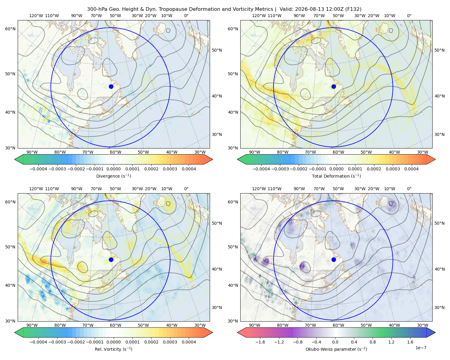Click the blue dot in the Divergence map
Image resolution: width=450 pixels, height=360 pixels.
(111, 86)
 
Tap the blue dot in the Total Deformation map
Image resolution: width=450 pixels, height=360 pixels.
(334, 86)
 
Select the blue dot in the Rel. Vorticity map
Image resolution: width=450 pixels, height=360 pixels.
(111, 259)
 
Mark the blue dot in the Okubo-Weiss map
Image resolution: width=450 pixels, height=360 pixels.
(334, 259)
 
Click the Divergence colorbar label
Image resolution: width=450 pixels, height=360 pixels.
(113, 176)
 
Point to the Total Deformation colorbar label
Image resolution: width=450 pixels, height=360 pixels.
(336, 176)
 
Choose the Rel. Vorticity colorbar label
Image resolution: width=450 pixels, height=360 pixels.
(113, 349)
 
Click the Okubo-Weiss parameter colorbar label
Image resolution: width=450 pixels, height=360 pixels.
(336, 349)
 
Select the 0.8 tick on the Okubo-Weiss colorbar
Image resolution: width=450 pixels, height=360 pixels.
(373, 342)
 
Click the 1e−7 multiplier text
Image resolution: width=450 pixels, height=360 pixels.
(421, 348)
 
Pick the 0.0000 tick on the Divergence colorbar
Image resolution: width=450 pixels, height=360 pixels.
(113, 169)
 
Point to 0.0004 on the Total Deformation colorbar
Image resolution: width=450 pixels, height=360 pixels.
(411, 169)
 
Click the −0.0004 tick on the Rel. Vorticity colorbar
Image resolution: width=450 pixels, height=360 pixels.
(38, 342)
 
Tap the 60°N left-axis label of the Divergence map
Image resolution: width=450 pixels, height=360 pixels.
(10, 29)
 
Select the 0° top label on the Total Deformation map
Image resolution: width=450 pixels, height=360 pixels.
(409, 16)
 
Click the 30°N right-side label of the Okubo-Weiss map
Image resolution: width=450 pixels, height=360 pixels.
(439, 307)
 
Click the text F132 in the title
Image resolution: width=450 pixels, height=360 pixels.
(353, 9)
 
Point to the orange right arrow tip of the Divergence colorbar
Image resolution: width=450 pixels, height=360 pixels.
(212, 159)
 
